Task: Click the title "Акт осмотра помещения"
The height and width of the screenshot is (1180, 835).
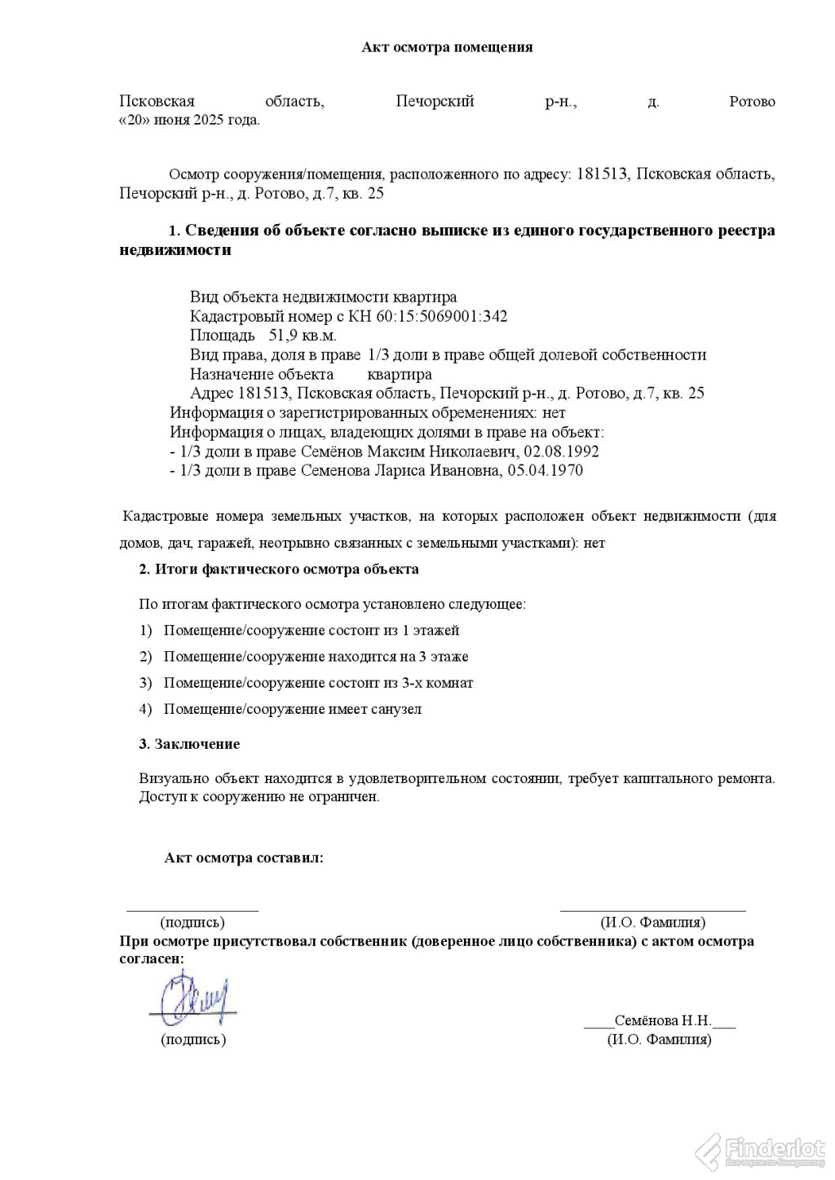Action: point(447,47)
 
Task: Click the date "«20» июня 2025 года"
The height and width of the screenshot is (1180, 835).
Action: point(189,120)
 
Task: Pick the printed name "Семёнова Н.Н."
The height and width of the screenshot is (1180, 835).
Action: point(664,1021)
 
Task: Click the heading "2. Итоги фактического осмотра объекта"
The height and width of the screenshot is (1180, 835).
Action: point(279,569)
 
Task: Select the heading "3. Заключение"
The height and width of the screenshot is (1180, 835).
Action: point(189,744)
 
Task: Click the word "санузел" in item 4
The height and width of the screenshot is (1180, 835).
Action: point(398,709)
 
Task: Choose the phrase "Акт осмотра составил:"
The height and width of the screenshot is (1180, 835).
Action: point(244,858)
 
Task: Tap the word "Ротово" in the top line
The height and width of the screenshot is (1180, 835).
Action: point(751,102)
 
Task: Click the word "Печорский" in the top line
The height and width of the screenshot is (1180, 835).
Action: point(435,102)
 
